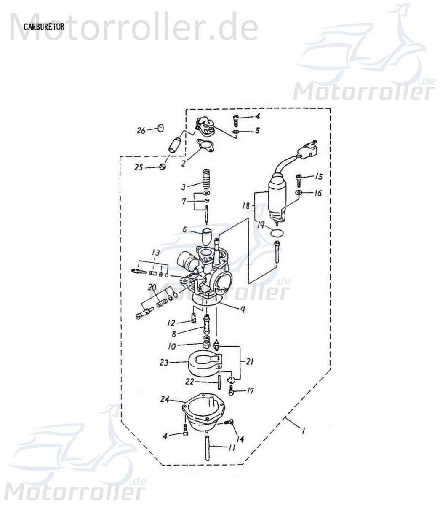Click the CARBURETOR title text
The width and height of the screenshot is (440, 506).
click(x=43, y=27)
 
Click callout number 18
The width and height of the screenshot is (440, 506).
click(x=246, y=206)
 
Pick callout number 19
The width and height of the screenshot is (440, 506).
click(x=261, y=226)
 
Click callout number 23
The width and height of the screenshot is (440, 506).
click(x=164, y=362)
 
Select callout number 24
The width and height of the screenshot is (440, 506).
click(x=165, y=399)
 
